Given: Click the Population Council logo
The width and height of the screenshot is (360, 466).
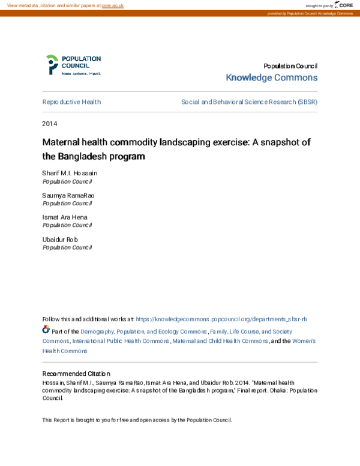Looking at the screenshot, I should (x=73, y=65).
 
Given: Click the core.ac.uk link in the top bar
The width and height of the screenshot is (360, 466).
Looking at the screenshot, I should (x=112, y=5).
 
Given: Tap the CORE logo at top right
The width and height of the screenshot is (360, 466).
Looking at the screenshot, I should (x=344, y=5).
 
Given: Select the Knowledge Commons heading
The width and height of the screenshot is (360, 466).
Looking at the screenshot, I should (x=271, y=78).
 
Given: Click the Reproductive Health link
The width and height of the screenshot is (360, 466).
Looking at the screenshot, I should (x=71, y=102).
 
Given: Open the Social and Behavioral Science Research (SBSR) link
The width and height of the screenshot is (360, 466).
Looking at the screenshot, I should (x=249, y=102).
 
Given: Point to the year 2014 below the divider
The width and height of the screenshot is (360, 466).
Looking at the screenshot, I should (x=49, y=124).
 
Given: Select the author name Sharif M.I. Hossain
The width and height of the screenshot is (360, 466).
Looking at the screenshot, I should (x=70, y=173).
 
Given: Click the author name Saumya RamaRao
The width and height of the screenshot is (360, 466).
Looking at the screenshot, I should (x=68, y=196).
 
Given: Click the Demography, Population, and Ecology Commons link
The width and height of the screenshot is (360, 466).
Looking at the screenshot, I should (x=144, y=331).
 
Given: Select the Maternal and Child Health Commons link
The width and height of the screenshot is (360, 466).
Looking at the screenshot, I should (x=220, y=341).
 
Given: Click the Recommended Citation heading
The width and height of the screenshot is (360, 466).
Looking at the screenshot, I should (x=76, y=374).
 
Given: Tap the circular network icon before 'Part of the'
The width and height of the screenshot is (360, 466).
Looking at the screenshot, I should (x=46, y=330).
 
